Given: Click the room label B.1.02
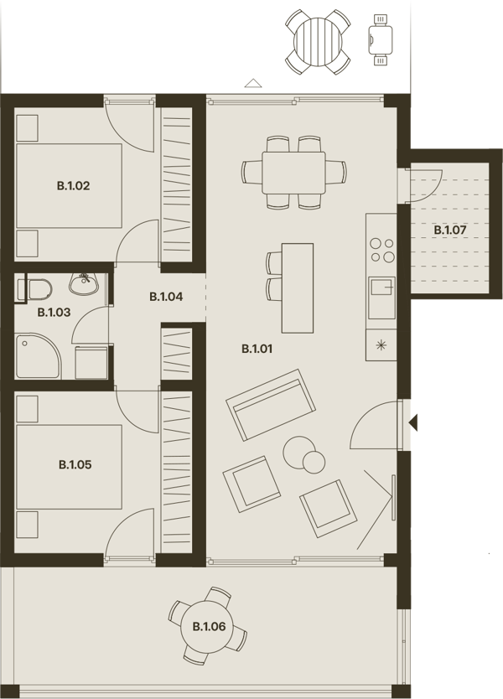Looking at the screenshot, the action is [74, 185].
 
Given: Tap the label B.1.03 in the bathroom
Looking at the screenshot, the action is [54, 313].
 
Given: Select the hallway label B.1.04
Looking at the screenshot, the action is [166, 297].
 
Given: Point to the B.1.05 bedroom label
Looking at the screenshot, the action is [75, 464].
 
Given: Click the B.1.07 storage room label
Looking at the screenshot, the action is [450, 230].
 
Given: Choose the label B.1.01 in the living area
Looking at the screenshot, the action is [257, 349].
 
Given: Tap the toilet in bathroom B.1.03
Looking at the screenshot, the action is [34, 290].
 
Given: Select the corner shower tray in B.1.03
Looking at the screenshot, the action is [38, 356].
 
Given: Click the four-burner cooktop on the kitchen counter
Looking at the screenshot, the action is [382, 250].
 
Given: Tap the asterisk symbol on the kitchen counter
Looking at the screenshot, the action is [381, 345].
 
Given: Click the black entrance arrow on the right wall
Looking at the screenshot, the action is [413, 422].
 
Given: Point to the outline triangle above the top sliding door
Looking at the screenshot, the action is [253, 83].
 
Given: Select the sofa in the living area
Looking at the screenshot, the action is [271, 405].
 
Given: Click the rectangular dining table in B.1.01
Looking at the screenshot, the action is [294, 173].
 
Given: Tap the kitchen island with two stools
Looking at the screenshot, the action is [298, 288].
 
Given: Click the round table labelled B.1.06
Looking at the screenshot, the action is [209, 626].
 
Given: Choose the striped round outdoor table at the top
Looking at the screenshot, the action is [318, 42].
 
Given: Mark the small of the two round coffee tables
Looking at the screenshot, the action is [314, 462].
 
